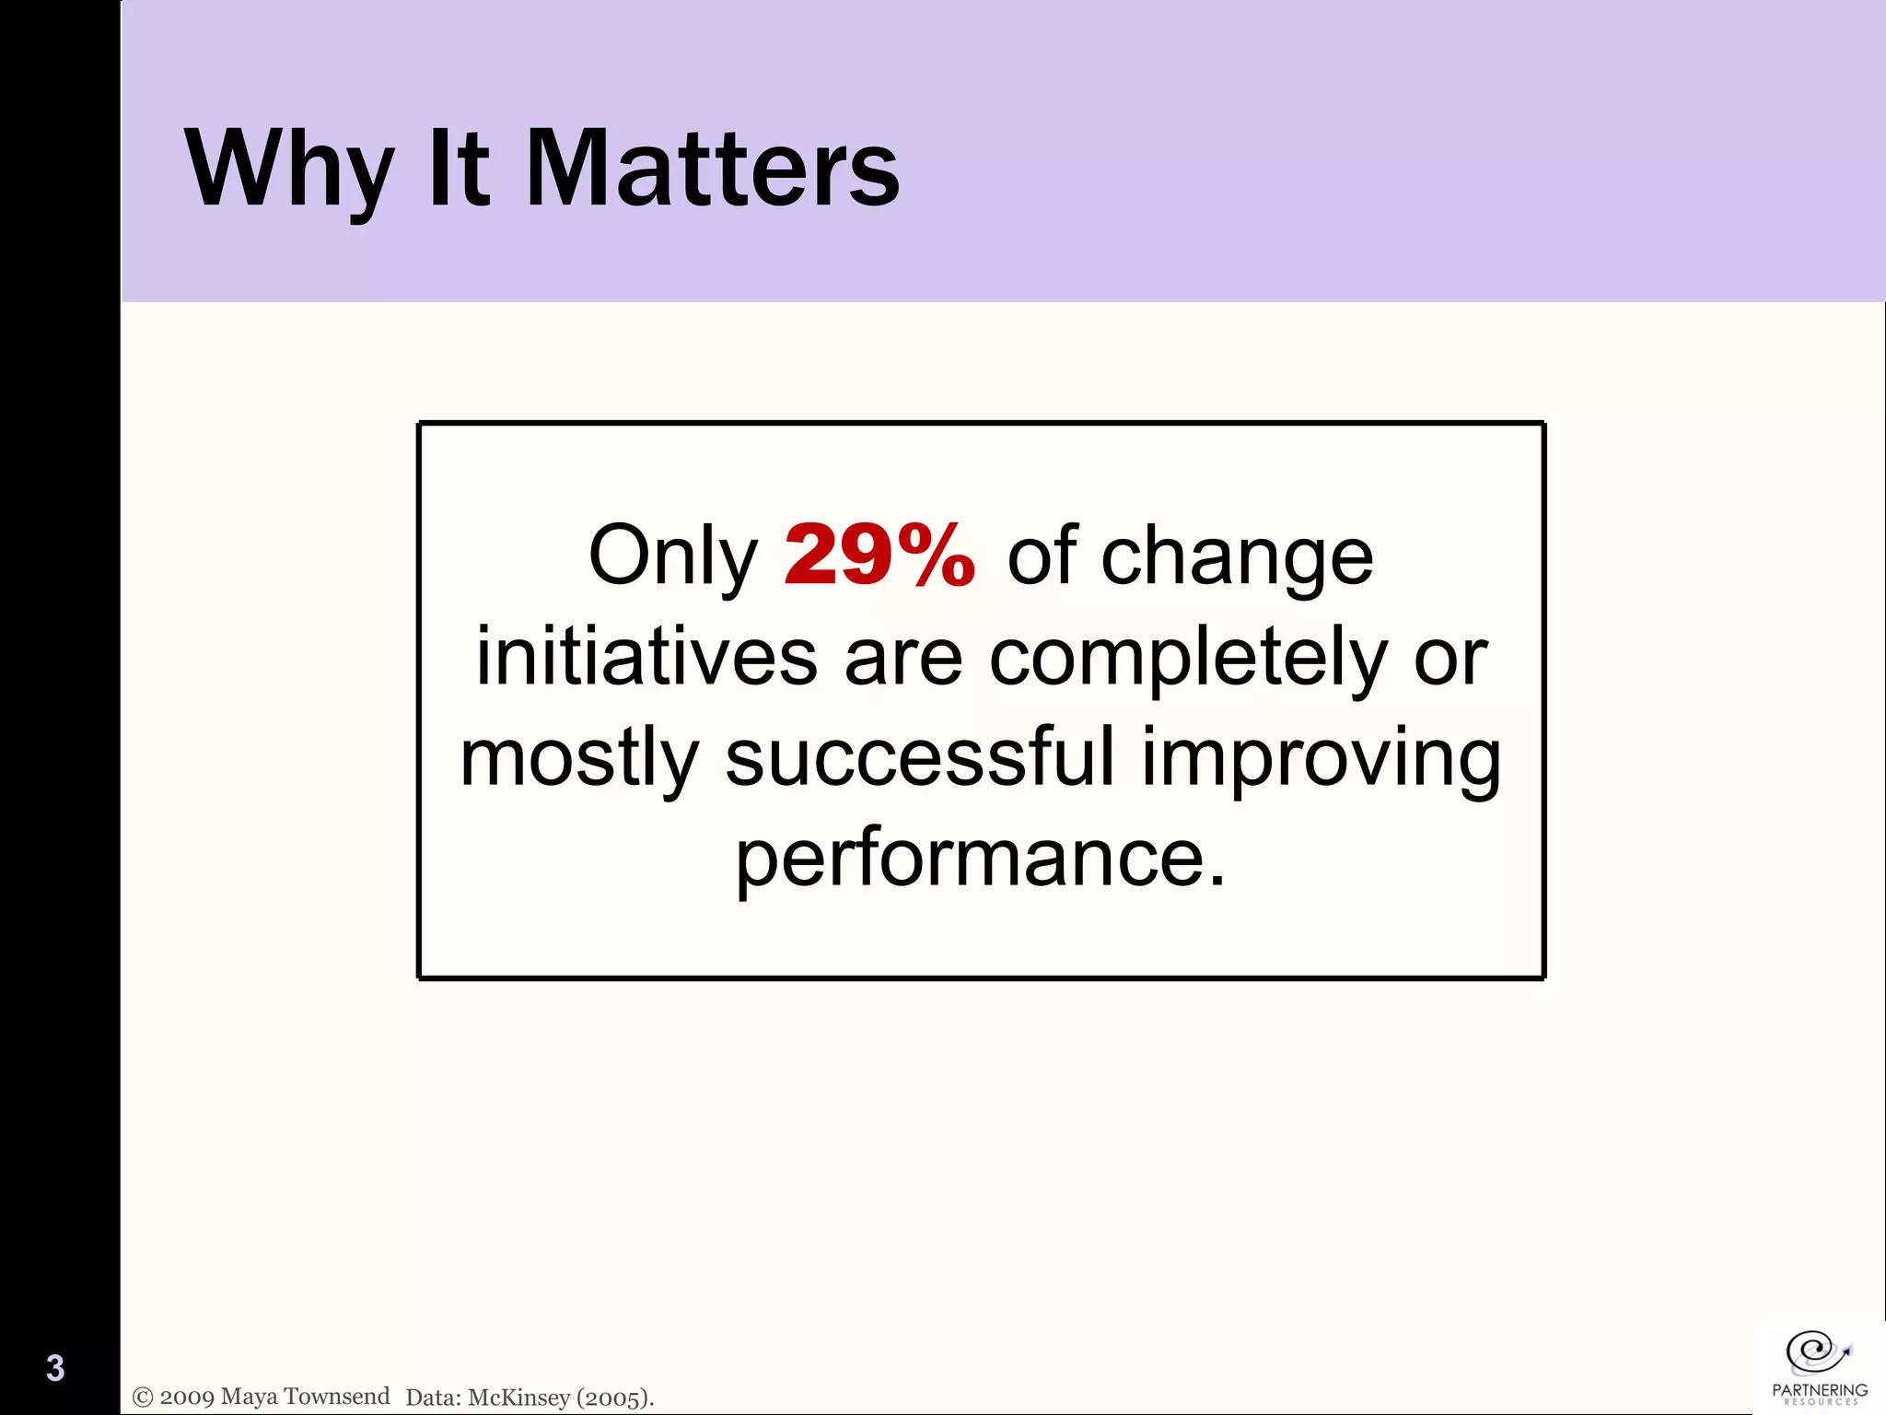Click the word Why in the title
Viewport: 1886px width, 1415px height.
(x=290, y=170)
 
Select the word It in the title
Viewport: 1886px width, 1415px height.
(x=458, y=170)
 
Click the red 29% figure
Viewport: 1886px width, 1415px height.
(x=879, y=555)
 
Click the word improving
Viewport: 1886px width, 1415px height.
(x=1321, y=760)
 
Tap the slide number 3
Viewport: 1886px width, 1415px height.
(x=55, y=1368)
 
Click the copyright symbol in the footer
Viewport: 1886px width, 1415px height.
(x=143, y=1397)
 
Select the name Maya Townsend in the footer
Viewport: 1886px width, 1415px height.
(x=306, y=1397)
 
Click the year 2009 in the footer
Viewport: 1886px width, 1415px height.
(x=187, y=1397)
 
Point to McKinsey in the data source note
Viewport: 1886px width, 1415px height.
(x=519, y=1397)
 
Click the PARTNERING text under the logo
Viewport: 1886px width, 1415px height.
(x=1820, y=1389)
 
